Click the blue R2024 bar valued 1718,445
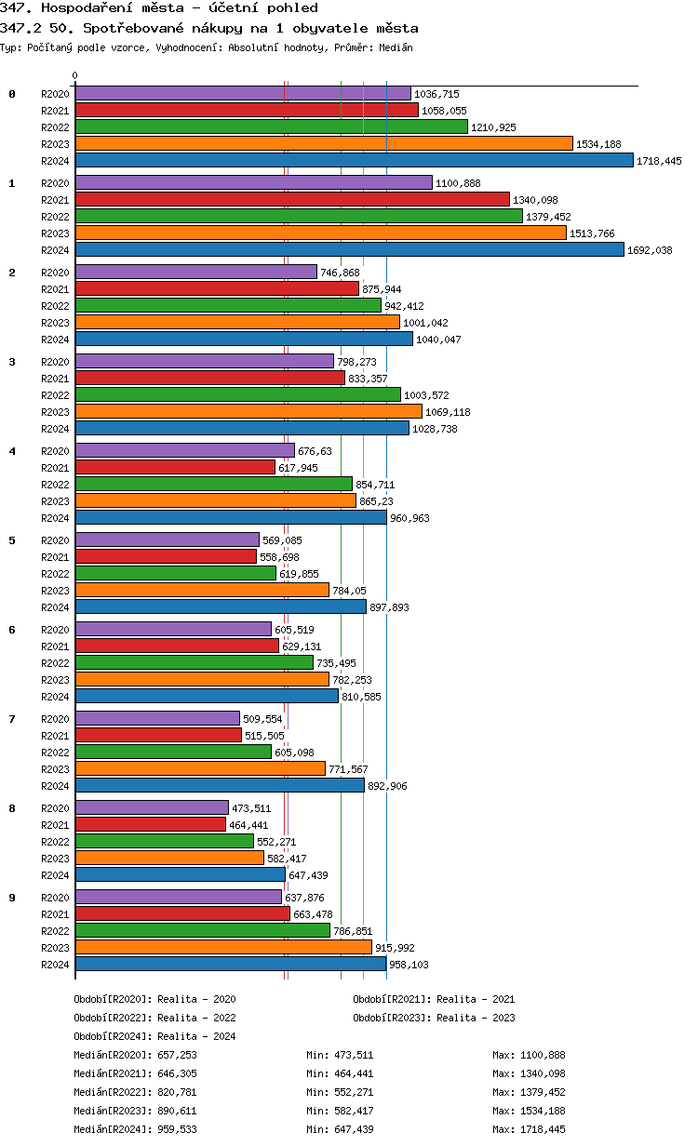[354, 160]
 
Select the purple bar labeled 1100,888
[253, 182]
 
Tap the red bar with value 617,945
[175, 467]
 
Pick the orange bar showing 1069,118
[248, 411]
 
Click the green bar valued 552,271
[164, 841]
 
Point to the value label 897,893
[389, 607]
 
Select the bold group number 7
[12, 719]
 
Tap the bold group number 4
[12, 451]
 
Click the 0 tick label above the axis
[75, 75]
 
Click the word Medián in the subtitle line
[396, 47]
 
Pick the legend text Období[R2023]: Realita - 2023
[434, 1018]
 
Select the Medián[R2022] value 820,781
[177, 1092]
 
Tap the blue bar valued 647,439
[181, 874]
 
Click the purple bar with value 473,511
[152, 807]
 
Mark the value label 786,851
[353, 931]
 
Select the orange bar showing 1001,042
[237, 322]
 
